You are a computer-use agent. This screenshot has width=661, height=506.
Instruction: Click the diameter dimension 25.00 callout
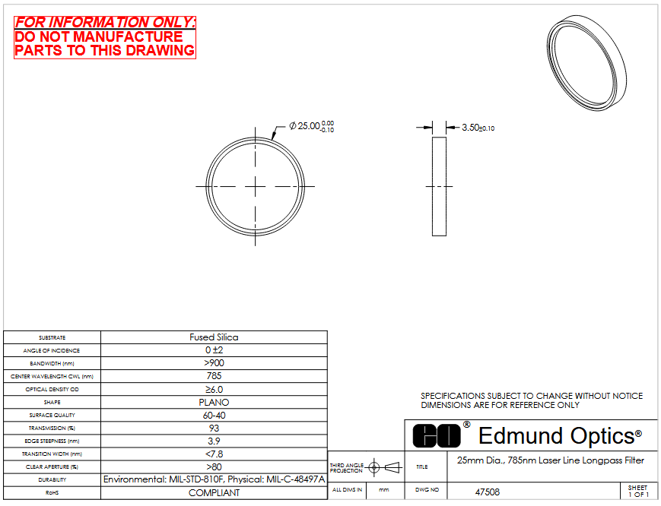coord(312,126)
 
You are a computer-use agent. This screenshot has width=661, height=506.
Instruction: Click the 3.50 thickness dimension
coord(478,128)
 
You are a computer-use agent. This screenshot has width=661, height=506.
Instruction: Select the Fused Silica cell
coord(214,337)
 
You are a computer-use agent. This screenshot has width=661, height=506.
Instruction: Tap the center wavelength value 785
coord(214,376)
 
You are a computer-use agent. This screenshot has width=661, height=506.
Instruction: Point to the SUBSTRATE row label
coord(52,337)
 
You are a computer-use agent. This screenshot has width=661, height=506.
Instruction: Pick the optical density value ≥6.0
coord(214,390)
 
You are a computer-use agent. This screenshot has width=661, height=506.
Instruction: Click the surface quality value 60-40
coord(214,415)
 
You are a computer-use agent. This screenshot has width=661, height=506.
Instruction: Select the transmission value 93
coord(214,428)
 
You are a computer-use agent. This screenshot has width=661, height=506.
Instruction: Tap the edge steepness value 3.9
coord(214,441)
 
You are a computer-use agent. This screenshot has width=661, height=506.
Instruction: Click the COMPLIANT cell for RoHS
coord(214,493)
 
